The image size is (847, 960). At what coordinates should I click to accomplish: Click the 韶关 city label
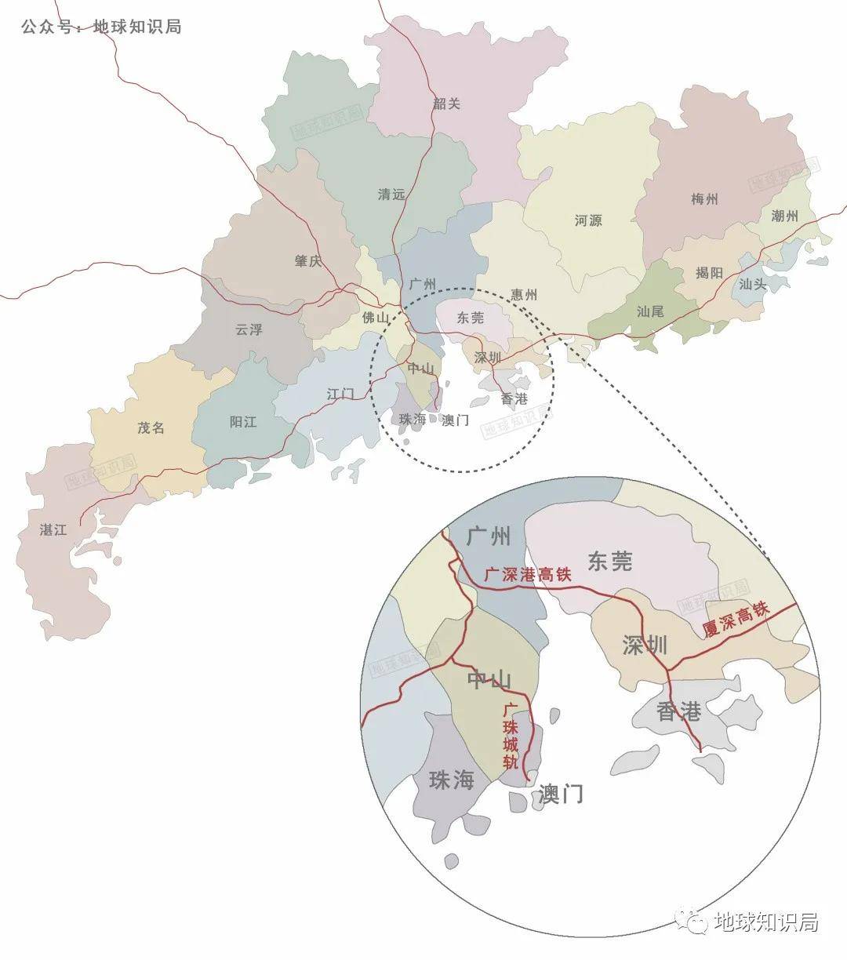coord(447,104)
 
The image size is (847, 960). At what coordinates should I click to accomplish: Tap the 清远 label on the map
coord(391,194)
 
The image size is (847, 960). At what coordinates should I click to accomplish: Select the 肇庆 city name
coord(308,261)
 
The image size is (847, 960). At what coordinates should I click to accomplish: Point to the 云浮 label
coord(249,329)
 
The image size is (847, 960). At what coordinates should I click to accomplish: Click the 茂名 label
coord(151,428)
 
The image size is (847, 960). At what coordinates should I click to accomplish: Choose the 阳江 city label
coord(243,421)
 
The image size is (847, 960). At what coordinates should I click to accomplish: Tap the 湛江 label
coord(53,529)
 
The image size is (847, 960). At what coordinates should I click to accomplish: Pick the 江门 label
coord(340,393)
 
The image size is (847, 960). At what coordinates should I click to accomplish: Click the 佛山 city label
coord(376,318)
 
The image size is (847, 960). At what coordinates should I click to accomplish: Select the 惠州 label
coord(524,295)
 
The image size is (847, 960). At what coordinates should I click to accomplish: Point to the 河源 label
coord(588,220)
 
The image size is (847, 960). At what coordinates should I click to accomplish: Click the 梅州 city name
coord(704,199)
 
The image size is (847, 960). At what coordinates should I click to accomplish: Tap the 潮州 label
coord(784,216)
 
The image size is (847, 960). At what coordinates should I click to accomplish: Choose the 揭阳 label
coord(709,273)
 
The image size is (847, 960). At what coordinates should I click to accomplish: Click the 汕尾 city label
coord(650,311)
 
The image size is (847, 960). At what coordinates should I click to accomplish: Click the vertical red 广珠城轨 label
coord(510,736)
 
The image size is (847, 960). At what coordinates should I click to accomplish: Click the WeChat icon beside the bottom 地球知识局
coord(693,922)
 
